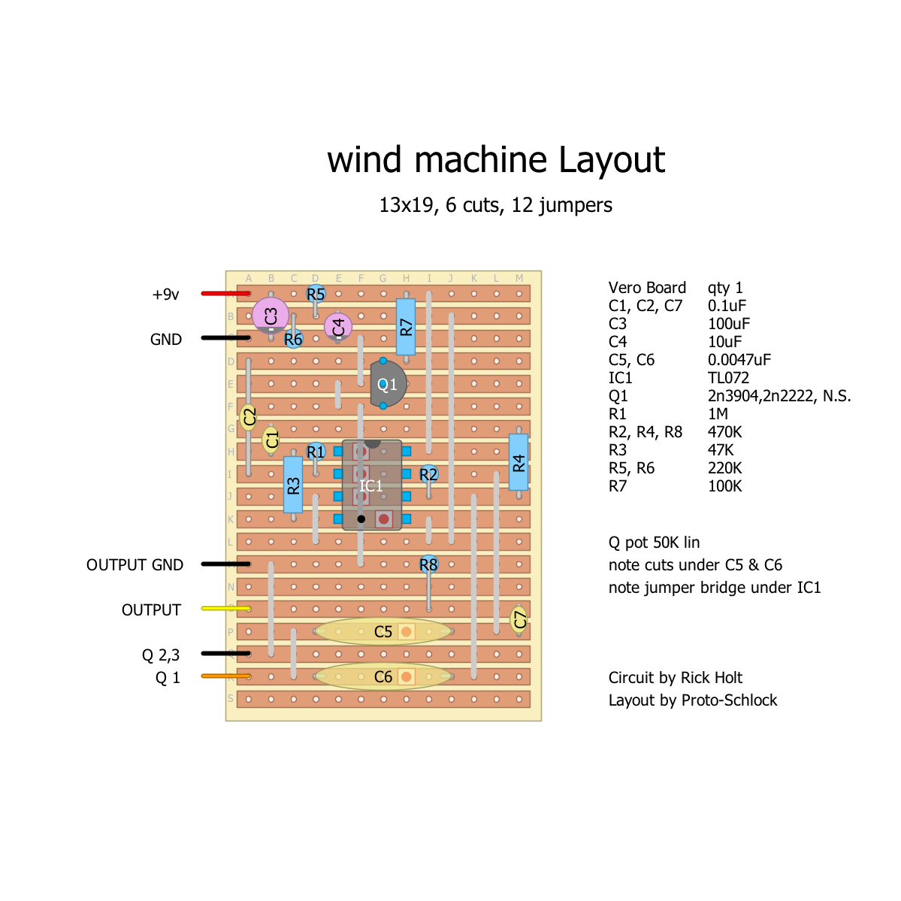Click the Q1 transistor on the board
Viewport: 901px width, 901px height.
(387, 384)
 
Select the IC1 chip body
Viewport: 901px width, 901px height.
(372, 485)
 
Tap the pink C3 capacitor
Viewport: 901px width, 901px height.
(271, 315)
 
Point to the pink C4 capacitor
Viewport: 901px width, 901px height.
(338, 327)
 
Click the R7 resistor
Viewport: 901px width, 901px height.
(406, 327)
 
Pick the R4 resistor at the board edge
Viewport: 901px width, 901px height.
(519, 462)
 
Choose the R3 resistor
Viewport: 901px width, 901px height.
(293, 485)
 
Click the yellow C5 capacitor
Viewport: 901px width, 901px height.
(383, 631)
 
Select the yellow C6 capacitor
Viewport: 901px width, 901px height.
(383, 676)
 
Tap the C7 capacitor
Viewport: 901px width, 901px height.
(519, 619)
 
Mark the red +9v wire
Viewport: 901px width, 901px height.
(225, 293)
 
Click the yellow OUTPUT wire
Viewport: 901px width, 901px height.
(225, 608)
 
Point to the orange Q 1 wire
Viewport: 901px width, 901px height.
(225, 676)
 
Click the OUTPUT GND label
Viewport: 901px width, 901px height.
(135, 565)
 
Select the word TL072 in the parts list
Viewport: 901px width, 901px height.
(728, 378)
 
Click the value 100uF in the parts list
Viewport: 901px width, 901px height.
(729, 324)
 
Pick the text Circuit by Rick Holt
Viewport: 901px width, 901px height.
(675, 678)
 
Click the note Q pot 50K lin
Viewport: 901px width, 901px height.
(654, 543)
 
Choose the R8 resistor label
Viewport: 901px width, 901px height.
(428, 564)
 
